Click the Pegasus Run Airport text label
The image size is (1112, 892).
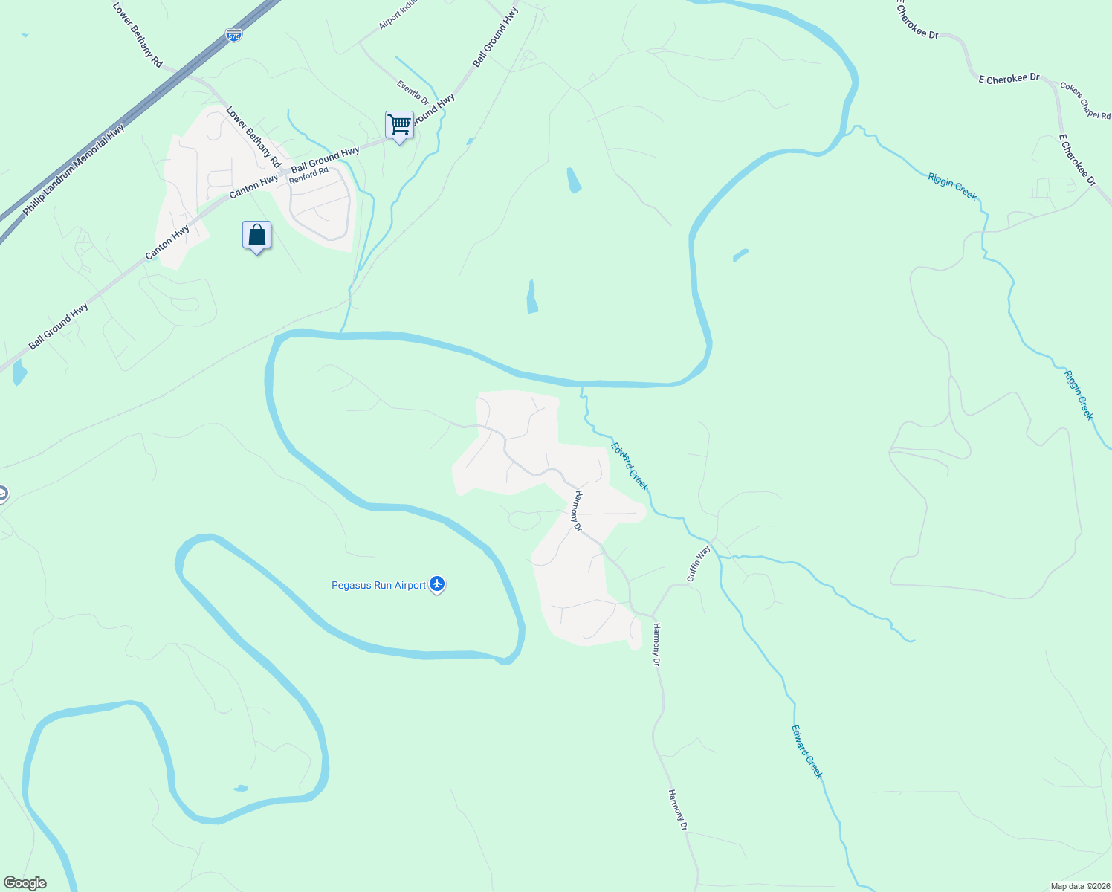click(378, 586)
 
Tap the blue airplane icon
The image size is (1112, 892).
click(437, 585)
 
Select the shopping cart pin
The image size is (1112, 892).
click(399, 125)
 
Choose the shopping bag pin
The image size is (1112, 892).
click(256, 236)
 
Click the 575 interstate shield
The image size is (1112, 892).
click(234, 35)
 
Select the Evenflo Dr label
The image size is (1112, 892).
click(413, 93)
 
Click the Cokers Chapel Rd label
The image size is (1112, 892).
click(1085, 100)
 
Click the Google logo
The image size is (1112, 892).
click(25, 883)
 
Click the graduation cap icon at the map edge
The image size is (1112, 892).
click(2, 494)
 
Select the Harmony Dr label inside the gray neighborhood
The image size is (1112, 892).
click(577, 511)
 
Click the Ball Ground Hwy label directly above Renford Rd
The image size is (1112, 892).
click(325, 159)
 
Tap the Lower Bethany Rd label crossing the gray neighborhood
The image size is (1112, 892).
click(253, 138)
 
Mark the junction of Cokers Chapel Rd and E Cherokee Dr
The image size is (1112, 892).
click(1056, 85)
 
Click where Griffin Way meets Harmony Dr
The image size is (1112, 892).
click(653, 615)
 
